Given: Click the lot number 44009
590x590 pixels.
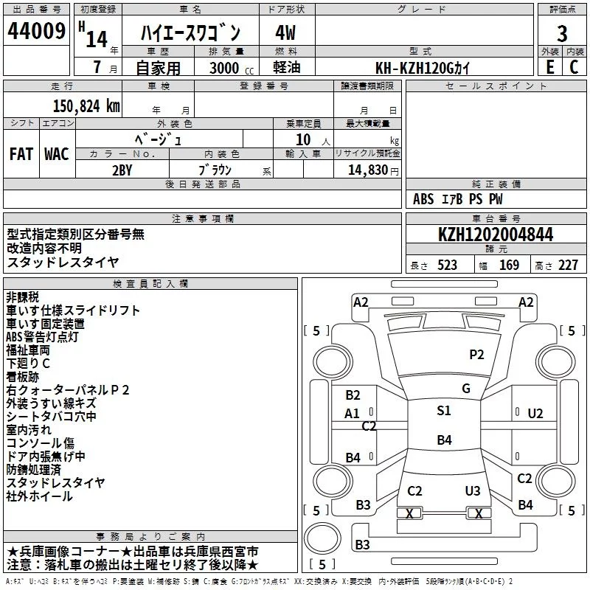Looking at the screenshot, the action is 36,31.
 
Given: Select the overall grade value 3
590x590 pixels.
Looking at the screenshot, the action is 562,34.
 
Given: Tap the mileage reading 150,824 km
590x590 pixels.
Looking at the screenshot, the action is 86,106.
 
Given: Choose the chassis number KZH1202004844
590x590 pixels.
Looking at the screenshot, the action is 496,235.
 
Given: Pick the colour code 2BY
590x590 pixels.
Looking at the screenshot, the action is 122,170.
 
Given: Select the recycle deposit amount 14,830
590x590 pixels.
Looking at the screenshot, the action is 367,170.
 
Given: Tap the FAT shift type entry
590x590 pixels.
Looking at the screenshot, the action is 21,154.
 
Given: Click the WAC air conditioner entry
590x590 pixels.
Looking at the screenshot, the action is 57,154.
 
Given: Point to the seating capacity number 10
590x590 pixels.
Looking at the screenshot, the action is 303,140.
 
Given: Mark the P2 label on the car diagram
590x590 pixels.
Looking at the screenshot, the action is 476,355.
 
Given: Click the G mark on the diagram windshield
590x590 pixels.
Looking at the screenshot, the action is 466,389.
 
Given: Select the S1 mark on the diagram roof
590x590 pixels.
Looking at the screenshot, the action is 444,411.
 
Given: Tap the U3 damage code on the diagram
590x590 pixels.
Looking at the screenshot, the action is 473,490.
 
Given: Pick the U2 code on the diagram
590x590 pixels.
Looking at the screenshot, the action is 535,414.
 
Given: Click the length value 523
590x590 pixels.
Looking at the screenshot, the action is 447,265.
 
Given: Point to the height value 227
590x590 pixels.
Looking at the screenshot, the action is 568,265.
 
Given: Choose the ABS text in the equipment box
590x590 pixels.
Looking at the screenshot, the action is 423,199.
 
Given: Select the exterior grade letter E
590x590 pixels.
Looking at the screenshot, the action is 550,67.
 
